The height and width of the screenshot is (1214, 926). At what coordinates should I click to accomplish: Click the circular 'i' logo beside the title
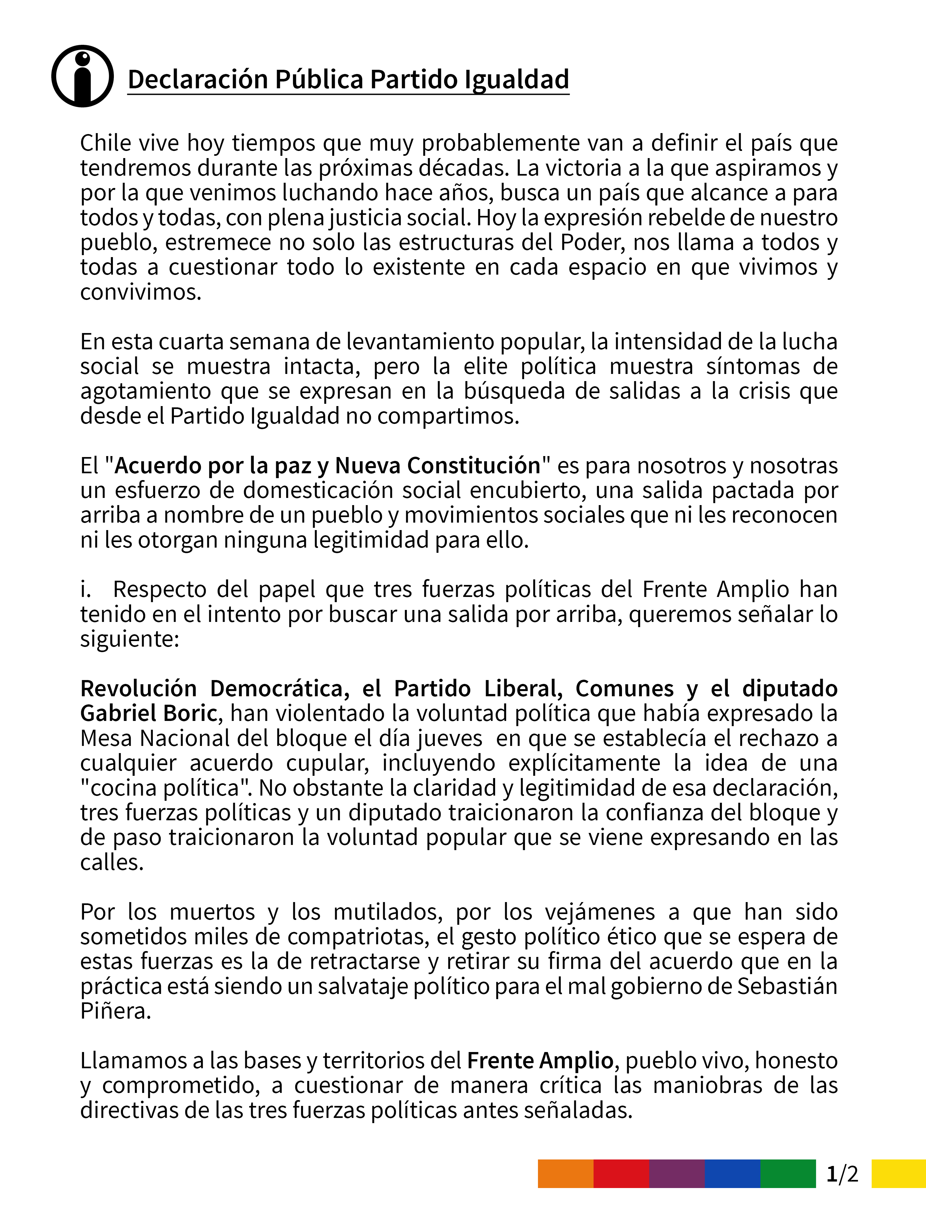pyautogui.click(x=83, y=76)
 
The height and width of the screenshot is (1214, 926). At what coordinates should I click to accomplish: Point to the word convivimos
pyautogui.click(x=140, y=291)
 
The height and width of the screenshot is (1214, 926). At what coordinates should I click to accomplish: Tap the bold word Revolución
pyautogui.click(x=138, y=688)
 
